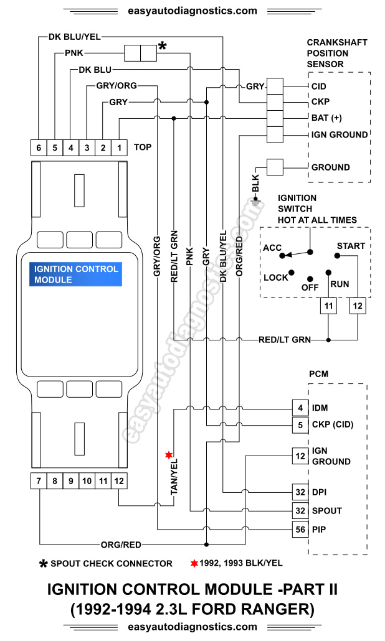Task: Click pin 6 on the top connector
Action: point(39,148)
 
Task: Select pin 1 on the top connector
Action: point(119,148)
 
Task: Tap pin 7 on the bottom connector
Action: point(39,480)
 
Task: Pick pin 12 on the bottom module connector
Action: point(119,480)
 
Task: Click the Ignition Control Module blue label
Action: point(75,274)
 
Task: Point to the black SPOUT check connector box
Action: point(140,54)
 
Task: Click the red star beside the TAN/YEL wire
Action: point(168,455)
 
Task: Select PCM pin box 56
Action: point(300,530)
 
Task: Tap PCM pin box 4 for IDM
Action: point(300,408)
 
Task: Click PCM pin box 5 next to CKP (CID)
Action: point(300,425)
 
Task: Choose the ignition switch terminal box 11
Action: point(328,306)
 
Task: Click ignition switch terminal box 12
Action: point(357,306)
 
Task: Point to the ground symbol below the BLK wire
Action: point(255,201)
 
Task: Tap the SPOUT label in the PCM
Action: point(326,511)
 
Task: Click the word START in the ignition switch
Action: point(351,246)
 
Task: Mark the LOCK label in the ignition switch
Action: point(276,278)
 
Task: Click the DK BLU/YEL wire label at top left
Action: point(74,37)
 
